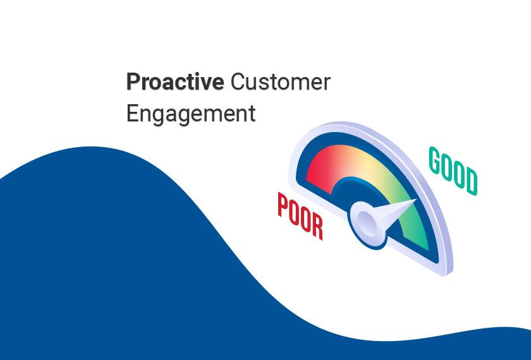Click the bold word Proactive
[x=174, y=83]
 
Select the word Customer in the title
[x=281, y=82]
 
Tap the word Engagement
[x=191, y=114]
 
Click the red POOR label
[x=300, y=216]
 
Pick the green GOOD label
[x=453, y=171]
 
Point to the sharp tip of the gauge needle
[x=416, y=200]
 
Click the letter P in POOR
[x=283, y=205]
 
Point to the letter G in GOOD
[x=434, y=159]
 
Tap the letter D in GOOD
[x=472, y=183]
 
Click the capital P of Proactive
[x=133, y=82]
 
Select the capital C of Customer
[x=238, y=82]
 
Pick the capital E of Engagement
[x=132, y=112]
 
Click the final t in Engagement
[x=252, y=114]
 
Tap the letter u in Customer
[x=252, y=84]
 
